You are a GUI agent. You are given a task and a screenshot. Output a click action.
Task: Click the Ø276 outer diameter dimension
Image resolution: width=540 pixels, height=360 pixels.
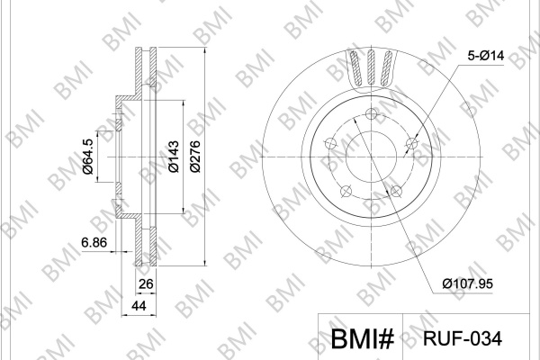tap(195, 157)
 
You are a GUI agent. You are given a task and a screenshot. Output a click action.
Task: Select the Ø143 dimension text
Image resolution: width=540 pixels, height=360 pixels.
tap(173, 157)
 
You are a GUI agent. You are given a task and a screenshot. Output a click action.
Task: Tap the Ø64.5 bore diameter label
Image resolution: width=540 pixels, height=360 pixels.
tap(88, 157)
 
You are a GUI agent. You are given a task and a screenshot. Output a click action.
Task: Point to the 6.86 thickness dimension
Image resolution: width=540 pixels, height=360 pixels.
tap(94, 242)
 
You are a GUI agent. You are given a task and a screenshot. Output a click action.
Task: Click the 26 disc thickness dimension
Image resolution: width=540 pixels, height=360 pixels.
tap(145, 284)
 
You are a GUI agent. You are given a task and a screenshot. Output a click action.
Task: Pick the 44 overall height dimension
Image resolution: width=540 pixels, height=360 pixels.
tap(139, 306)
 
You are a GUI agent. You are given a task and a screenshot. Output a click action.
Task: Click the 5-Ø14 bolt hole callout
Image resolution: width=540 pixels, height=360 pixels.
tap(486, 55)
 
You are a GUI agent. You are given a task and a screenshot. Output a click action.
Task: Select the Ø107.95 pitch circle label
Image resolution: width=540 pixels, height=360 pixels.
tap(468, 283)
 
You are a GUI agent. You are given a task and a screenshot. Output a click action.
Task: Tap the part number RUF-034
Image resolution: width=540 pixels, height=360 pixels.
tap(463, 338)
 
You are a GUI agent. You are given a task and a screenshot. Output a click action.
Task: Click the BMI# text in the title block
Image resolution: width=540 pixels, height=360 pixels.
tap(363, 338)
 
